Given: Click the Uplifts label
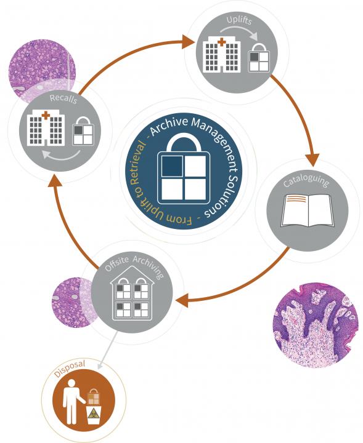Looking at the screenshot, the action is [239, 20].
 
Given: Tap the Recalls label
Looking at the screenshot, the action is [63, 99].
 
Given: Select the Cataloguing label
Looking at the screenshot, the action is [306, 181].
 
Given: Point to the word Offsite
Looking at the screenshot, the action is [116, 264].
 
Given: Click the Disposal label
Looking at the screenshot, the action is [69, 369].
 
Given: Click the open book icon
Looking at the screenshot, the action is [308, 210].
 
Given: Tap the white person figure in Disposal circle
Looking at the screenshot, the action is [72, 401].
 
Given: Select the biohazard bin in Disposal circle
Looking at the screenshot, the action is [94, 415].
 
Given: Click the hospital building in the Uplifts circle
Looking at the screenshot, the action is [221, 55].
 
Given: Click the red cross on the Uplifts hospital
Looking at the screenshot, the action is [221, 42].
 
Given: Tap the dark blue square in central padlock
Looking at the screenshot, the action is [172, 166].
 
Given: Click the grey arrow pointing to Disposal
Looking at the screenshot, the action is [107, 351].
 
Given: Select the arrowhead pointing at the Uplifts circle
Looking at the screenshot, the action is [189, 42].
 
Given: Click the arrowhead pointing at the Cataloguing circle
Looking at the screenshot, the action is [312, 160].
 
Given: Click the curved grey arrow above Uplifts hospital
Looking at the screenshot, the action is [239, 31].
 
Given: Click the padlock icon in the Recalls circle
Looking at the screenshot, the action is [83, 132].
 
